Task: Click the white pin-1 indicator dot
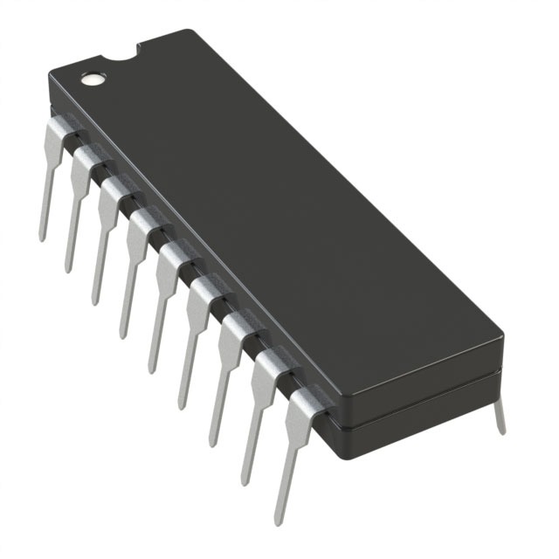91,79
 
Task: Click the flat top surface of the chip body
279,218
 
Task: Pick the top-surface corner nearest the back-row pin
498,336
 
